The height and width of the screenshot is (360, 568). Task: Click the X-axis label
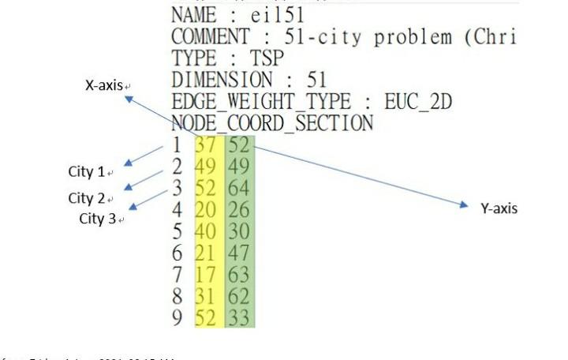pyautogui.click(x=104, y=84)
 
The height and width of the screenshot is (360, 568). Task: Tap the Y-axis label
pyautogui.click(x=499, y=208)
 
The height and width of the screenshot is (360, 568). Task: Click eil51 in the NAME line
pyautogui.click(x=275, y=14)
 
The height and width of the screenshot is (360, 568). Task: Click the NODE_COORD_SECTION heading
pyautogui.click(x=272, y=123)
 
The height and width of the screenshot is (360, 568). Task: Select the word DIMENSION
pyautogui.click(x=222, y=80)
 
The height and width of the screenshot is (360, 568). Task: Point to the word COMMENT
pyautogui.click(x=211, y=36)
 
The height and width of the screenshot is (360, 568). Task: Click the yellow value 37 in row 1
pyautogui.click(x=206, y=145)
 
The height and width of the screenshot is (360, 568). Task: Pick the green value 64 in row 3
pyautogui.click(x=238, y=189)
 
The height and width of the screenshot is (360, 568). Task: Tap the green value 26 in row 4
pyautogui.click(x=238, y=210)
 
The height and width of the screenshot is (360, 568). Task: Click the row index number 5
pyautogui.click(x=177, y=232)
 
